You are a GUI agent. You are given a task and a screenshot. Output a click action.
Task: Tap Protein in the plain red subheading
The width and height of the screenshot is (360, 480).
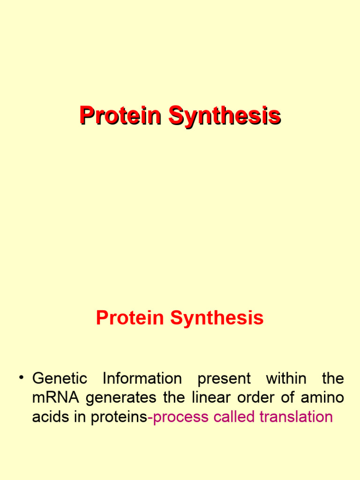point(130,318)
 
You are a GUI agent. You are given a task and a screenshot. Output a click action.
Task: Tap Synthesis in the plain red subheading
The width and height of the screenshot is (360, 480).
point(217,318)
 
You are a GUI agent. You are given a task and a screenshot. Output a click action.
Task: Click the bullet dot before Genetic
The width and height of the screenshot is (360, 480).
point(21,377)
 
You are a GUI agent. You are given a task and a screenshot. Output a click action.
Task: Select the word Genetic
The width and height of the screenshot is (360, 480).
point(60,379)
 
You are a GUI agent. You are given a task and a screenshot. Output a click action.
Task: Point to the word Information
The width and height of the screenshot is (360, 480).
point(142,379)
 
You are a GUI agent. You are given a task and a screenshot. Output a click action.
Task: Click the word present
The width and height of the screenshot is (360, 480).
point(224,379)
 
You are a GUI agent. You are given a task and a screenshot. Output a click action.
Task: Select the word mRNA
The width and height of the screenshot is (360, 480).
point(56,398)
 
